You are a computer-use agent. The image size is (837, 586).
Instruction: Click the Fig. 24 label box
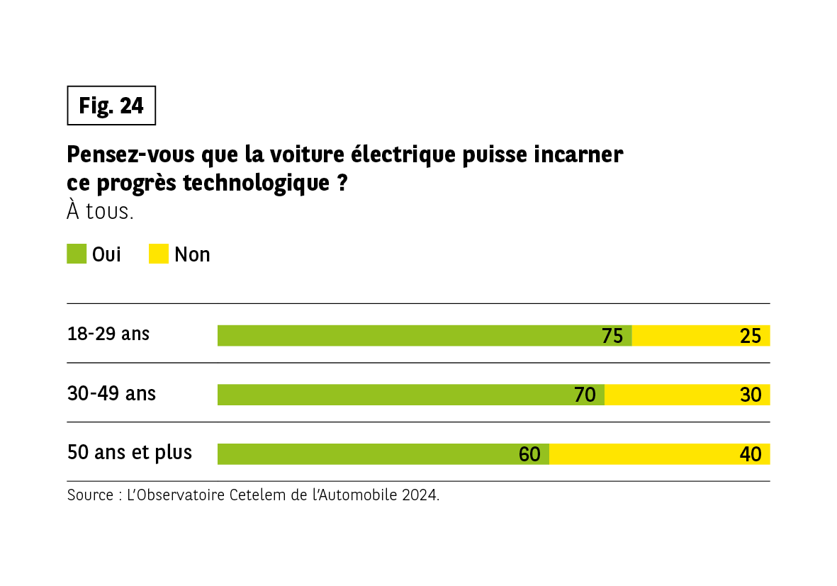[111, 106]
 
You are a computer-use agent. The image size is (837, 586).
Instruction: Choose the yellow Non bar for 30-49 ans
[673, 395]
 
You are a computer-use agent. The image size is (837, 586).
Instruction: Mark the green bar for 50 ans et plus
[369, 454]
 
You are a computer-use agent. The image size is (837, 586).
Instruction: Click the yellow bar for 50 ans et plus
[645, 454]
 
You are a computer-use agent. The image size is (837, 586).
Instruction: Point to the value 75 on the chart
[612, 336]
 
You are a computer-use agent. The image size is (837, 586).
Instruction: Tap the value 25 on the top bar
[750, 336]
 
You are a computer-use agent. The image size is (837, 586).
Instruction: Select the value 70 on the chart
[585, 395]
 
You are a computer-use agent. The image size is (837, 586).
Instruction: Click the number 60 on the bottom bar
[529, 455]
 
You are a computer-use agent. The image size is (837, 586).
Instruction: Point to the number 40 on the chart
[750, 455]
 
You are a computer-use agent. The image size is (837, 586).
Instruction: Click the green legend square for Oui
[77, 254]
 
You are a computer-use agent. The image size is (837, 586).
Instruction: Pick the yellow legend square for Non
[159, 254]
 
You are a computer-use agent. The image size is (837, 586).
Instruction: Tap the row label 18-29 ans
[108, 334]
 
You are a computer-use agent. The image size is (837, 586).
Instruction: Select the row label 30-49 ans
[111, 393]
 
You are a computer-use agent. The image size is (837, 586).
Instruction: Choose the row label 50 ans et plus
[130, 452]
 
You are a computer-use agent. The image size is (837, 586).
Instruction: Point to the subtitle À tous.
[100, 211]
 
